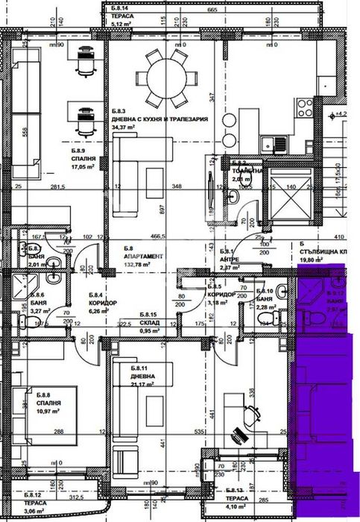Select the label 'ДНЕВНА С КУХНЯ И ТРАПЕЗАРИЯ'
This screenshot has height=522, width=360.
[x=159, y=119]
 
